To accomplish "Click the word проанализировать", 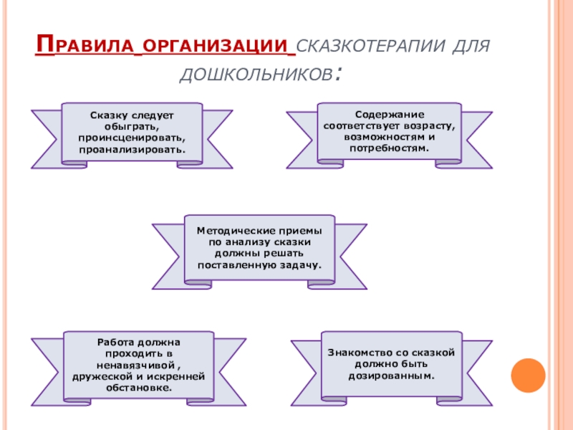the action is coord(132,149).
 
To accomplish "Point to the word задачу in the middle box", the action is coord(296,265).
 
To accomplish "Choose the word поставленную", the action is coord(237,265).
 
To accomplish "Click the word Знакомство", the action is coord(361,353).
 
